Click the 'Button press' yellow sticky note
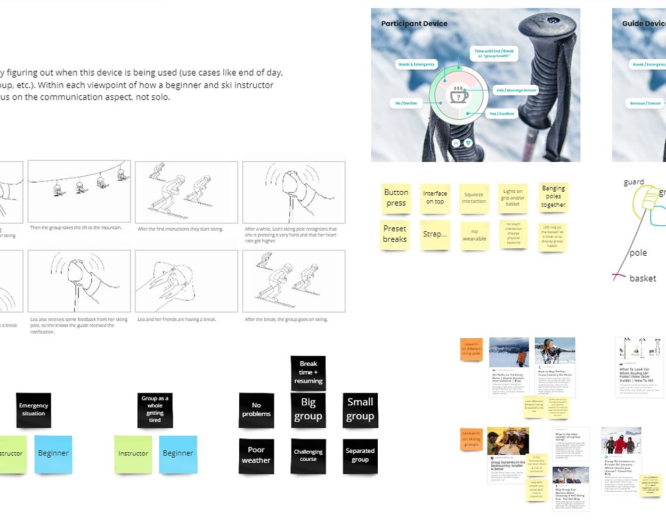(x=396, y=198)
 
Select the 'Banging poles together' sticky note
(x=553, y=197)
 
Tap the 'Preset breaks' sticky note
(x=395, y=234)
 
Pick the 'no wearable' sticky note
(x=474, y=235)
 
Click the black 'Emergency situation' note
(x=34, y=410)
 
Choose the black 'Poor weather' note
(x=256, y=455)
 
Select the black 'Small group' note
(x=360, y=409)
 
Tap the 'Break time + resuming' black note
(x=308, y=372)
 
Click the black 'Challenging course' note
(x=308, y=455)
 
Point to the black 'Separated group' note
(x=360, y=455)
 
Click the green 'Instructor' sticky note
(x=133, y=454)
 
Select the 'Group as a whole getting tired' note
(x=155, y=409)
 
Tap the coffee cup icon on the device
(x=459, y=95)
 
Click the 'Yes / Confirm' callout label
(x=501, y=113)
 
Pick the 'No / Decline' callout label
(x=406, y=103)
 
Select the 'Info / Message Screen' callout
(x=516, y=90)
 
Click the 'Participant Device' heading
(x=414, y=23)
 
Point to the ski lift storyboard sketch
(x=79, y=191)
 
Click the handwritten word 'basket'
(x=643, y=278)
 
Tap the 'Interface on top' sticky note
(x=435, y=198)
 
